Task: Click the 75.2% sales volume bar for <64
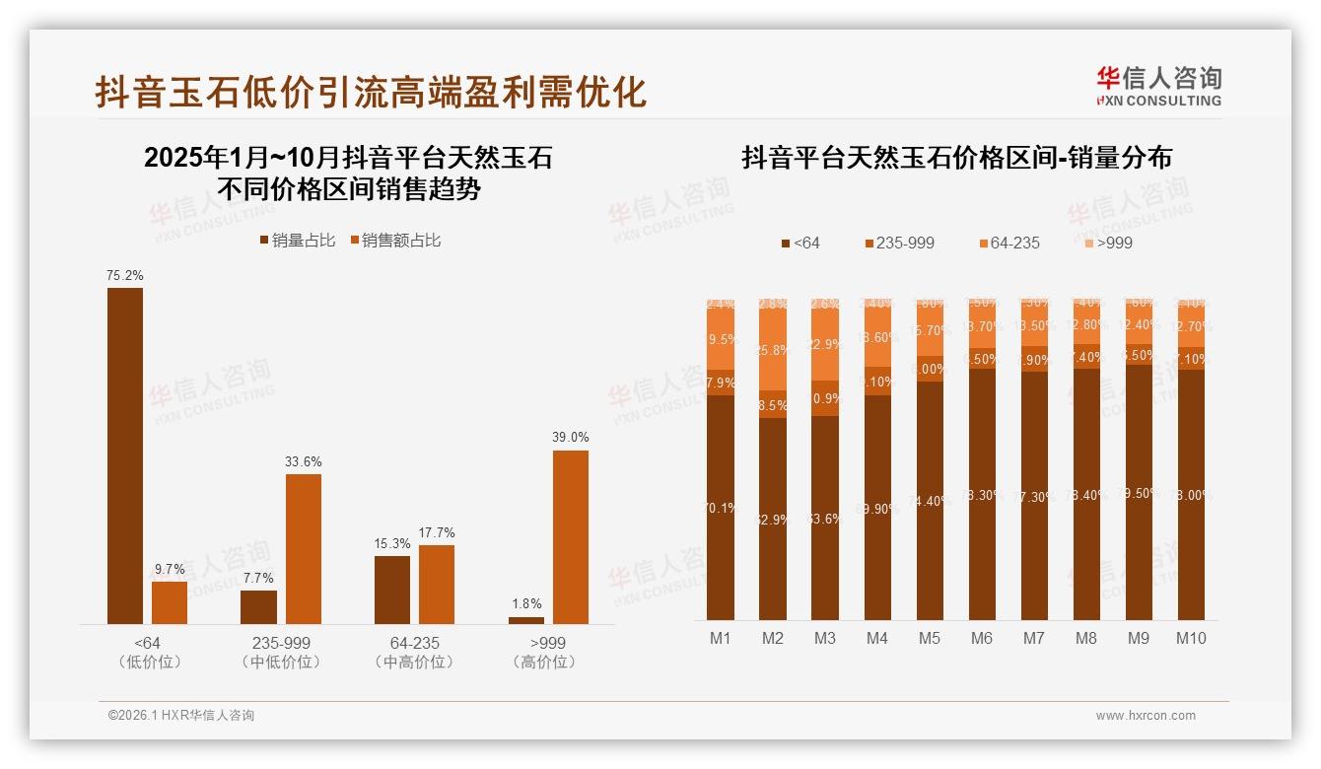coord(125,455)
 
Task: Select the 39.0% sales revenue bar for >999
coord(570,537)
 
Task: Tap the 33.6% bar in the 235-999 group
coord(304,549)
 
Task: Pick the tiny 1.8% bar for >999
coord(526,620)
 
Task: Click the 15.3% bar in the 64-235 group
coord(392,590)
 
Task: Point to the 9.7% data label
coord(170,569)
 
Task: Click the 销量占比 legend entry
coord(298,240)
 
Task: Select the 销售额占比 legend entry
coord(395,240)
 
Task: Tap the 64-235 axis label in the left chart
coord(414,643)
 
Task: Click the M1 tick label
coord(721,638)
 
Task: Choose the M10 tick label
coord(1191,638)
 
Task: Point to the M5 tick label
coord(930,638)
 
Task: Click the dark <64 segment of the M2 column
coord(773,519)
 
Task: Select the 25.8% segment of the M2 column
coord(773,350)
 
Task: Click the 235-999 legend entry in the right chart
coord(899,243)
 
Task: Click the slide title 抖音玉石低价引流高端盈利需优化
coord(371,92)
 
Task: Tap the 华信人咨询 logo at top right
coord(1158,86)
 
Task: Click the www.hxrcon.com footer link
coord(1146,716)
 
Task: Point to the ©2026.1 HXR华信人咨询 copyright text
coord(181,716)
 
